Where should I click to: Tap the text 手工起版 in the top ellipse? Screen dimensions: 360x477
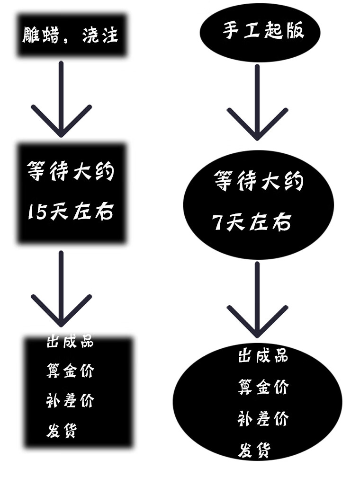[263, 31]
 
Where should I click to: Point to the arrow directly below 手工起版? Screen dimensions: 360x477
[257, 102]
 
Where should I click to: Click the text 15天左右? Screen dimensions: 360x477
[71, 212]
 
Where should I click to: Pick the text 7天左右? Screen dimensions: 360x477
[252, 222]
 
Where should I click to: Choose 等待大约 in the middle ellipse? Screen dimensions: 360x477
[259, 181]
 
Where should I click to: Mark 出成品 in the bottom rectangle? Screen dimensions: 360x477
[70, 342]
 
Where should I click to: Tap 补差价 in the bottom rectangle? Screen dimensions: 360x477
[70, 401]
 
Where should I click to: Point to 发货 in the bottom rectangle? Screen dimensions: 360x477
[62, 431]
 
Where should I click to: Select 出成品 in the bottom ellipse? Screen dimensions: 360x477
[262, 355]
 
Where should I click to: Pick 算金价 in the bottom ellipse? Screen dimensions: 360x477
[262, 387]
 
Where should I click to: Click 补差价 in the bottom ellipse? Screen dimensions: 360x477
[262, 419]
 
